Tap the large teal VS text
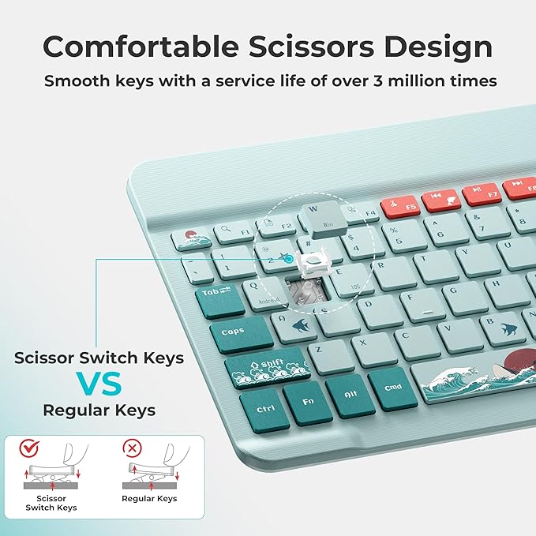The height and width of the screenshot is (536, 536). click(99, 384)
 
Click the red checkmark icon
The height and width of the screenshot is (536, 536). click(29, 448)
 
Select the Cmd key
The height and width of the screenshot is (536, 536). click(392, 388)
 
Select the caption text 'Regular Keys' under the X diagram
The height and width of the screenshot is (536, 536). click(149, 499)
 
